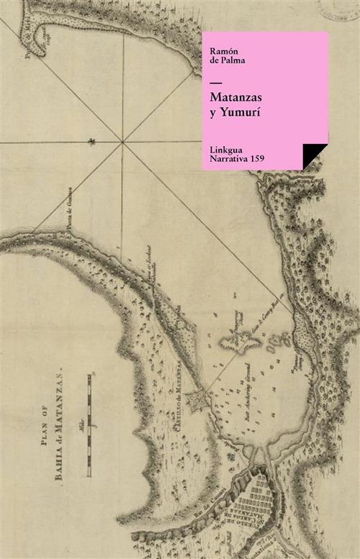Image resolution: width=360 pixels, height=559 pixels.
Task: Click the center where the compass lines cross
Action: (123, 142)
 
